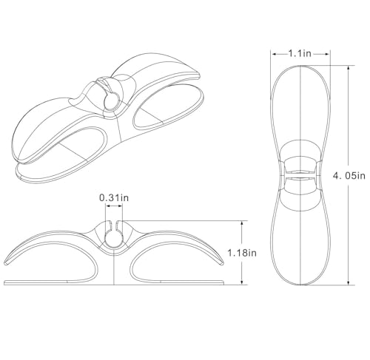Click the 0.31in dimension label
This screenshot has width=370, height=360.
114,197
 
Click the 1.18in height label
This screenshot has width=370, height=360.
242,253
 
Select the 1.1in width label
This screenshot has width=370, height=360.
300,53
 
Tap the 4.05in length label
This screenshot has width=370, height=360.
349,176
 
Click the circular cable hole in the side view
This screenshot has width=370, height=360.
114,239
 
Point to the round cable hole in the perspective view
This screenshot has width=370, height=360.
110,101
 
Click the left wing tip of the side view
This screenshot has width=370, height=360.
7,264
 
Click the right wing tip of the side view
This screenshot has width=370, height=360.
222,263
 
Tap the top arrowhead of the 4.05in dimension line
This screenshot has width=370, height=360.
349,68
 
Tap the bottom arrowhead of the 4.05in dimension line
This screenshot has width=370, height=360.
349,282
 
